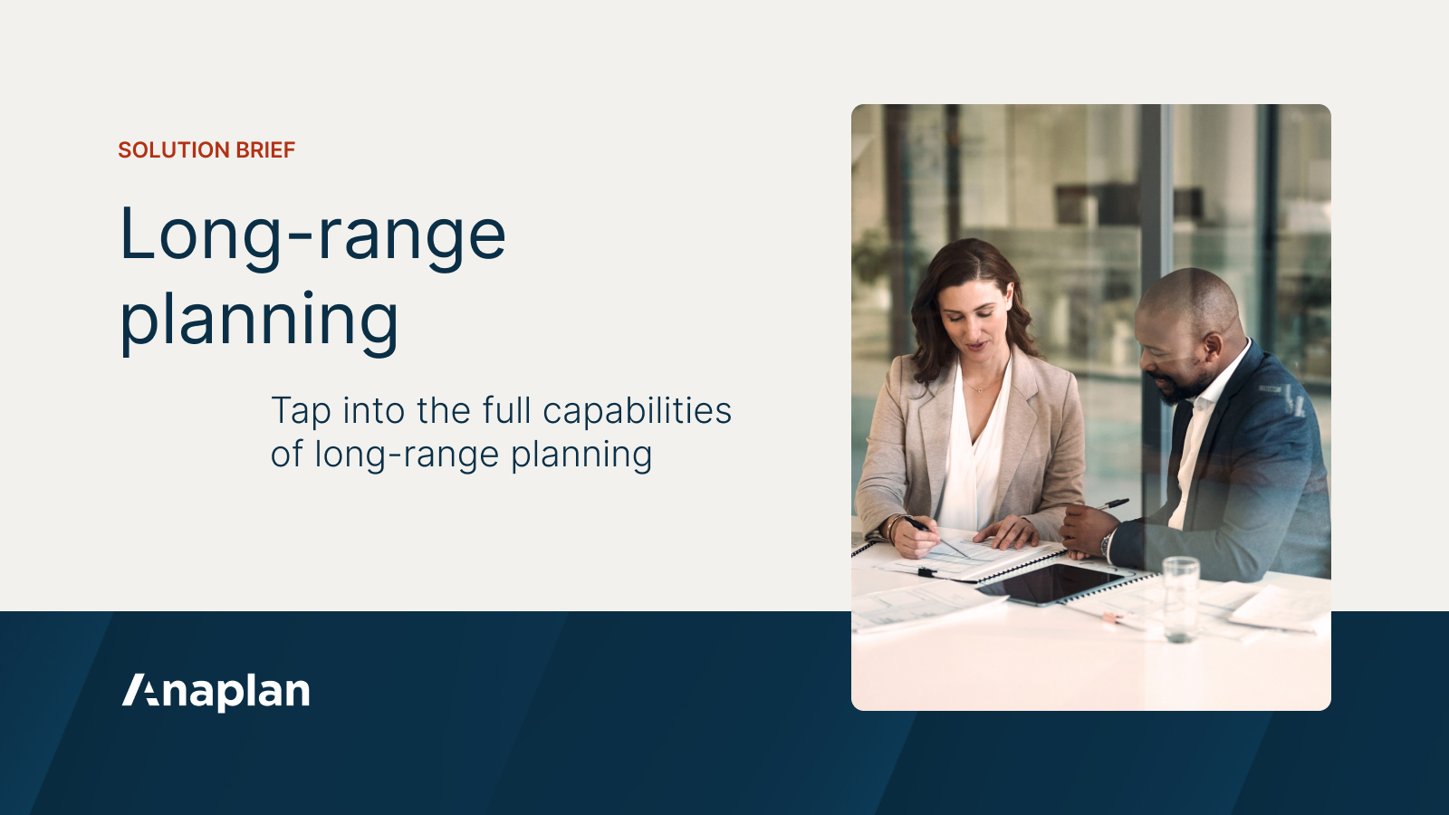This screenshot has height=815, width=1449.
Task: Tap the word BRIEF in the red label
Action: pyautogui.click(x=266, y=150)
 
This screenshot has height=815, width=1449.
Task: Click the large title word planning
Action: pyautogui.click(x=259, y=321)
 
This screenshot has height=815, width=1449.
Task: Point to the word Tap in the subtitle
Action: pyautogui.click(x=301, y=412)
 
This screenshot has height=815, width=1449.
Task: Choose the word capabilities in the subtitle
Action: pyautogui.click(x=637, y=412)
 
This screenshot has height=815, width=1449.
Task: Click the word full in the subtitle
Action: pyautogui.click(x=506, y=410)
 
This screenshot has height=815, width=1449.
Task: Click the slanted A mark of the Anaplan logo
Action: pyautogui.click(x=140, y=690)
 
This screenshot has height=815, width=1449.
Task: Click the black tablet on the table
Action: pyautogui.click(x=1055, y=582)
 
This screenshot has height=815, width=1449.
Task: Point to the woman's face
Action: pyautogui.click(x=974, y=322)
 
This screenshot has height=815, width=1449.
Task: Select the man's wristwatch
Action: pyautogui.click(x=1107, y=543)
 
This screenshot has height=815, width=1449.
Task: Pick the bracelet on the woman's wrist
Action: pyautogui.click(x=892, y=527)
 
